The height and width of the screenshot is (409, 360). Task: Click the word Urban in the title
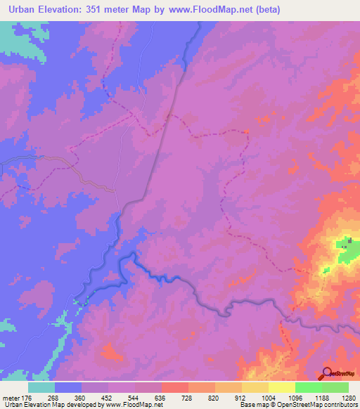[x=22, y=10]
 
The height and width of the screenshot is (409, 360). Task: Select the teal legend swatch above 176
[x=41, y=387]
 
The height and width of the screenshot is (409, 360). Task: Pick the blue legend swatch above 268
[x=68, y=387]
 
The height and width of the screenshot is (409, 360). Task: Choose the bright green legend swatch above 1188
[x=309, y=387]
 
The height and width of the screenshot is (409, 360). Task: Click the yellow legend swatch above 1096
[x=282, y=387]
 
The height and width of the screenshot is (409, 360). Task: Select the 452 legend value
[x=108, y=398]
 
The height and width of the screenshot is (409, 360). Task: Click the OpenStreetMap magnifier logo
[x=328, y=374]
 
